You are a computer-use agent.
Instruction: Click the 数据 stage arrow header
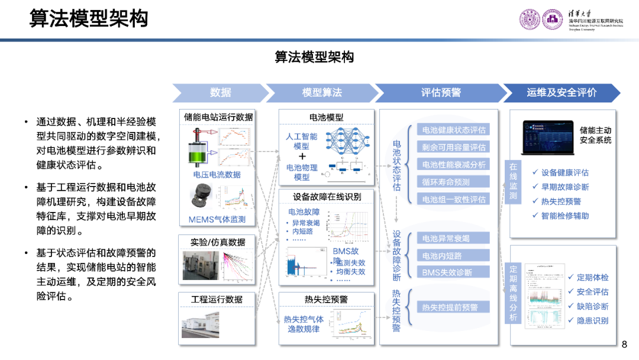[220, 92]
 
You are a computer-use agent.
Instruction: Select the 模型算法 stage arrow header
[321, 92]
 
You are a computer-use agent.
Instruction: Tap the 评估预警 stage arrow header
[440, 92]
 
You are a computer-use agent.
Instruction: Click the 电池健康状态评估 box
[454, 130]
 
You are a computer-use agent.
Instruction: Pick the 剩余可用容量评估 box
[454, 147]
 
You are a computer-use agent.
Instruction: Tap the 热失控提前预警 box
[454, 307]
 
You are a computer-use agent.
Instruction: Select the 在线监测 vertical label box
[513, 181]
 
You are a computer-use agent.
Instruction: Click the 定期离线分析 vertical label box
[513, 293]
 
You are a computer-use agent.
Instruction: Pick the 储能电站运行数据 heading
[218, 117]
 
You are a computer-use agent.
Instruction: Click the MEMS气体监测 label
[217, 220]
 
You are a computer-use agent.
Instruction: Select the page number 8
[625, 345]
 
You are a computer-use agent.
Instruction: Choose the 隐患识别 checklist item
[592, 320]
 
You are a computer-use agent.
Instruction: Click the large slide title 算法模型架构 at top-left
[89, 19]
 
